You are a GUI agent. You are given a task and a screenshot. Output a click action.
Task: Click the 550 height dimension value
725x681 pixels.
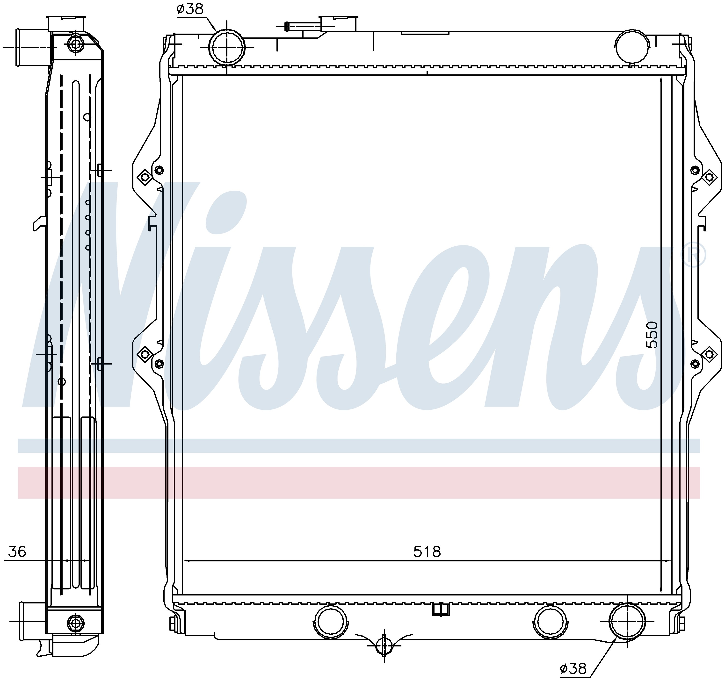point(652,335)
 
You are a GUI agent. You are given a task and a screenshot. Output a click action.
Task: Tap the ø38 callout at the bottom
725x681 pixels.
point(573,668)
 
